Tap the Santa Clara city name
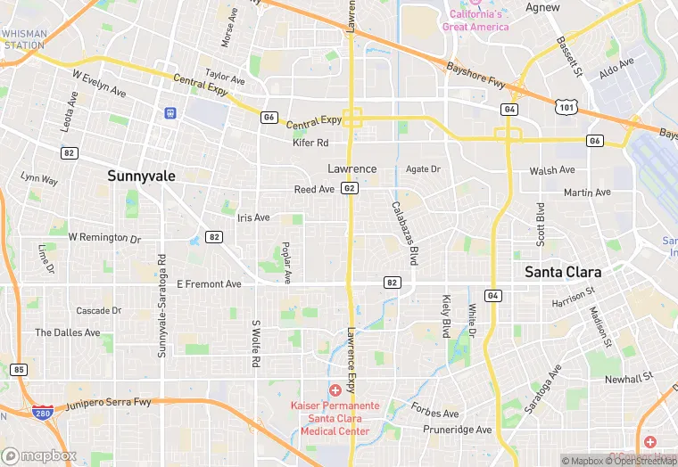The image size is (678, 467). coord(562,272)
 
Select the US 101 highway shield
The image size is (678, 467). coord(565,107)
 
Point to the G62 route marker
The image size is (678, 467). coord(350,189)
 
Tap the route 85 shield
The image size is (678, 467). coord(20,369)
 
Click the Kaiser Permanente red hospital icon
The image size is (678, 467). coord(335,390)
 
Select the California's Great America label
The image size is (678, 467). coord(475,20)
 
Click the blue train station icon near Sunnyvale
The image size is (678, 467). coord(169,113)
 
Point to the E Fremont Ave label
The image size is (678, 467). coord(209,284)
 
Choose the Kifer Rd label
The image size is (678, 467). coord(310,143)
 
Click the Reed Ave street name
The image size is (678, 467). coord(314,189)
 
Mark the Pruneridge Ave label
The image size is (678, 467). coord(459,430)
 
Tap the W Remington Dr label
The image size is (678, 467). coord(104,238)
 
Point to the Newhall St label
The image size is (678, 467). coord(628,379)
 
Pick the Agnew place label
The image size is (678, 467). coord(542,7)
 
